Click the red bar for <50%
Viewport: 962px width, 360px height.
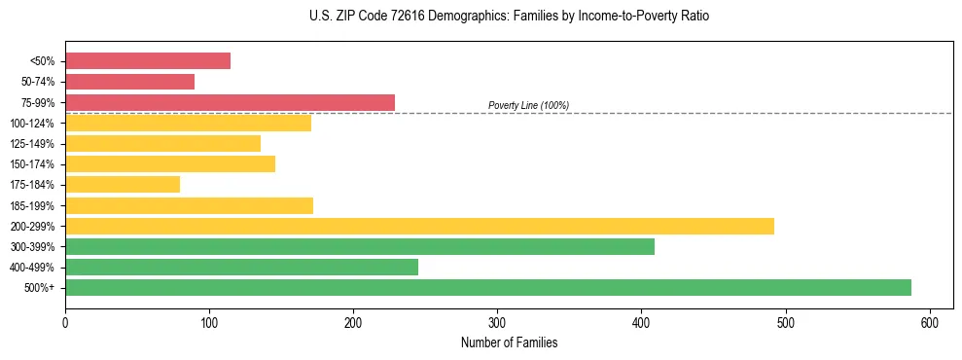point(148,61)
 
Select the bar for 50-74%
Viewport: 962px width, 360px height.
point(129,82)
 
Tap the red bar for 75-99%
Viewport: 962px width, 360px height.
point(230,102)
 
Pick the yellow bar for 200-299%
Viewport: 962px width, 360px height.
point(419,226)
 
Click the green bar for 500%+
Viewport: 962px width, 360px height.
point(488,287)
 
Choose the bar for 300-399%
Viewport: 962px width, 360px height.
point(360,246)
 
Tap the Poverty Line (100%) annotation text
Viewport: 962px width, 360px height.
point(528,105)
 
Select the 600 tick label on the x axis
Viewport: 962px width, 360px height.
point(929,322)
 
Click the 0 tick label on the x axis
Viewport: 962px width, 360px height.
point(65,322)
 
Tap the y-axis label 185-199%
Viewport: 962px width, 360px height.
point(32,206)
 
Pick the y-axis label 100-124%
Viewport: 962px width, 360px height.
point(32,124)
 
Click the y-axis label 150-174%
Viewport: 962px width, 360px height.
point(32,164)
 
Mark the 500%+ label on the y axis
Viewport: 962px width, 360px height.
point(40,288)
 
